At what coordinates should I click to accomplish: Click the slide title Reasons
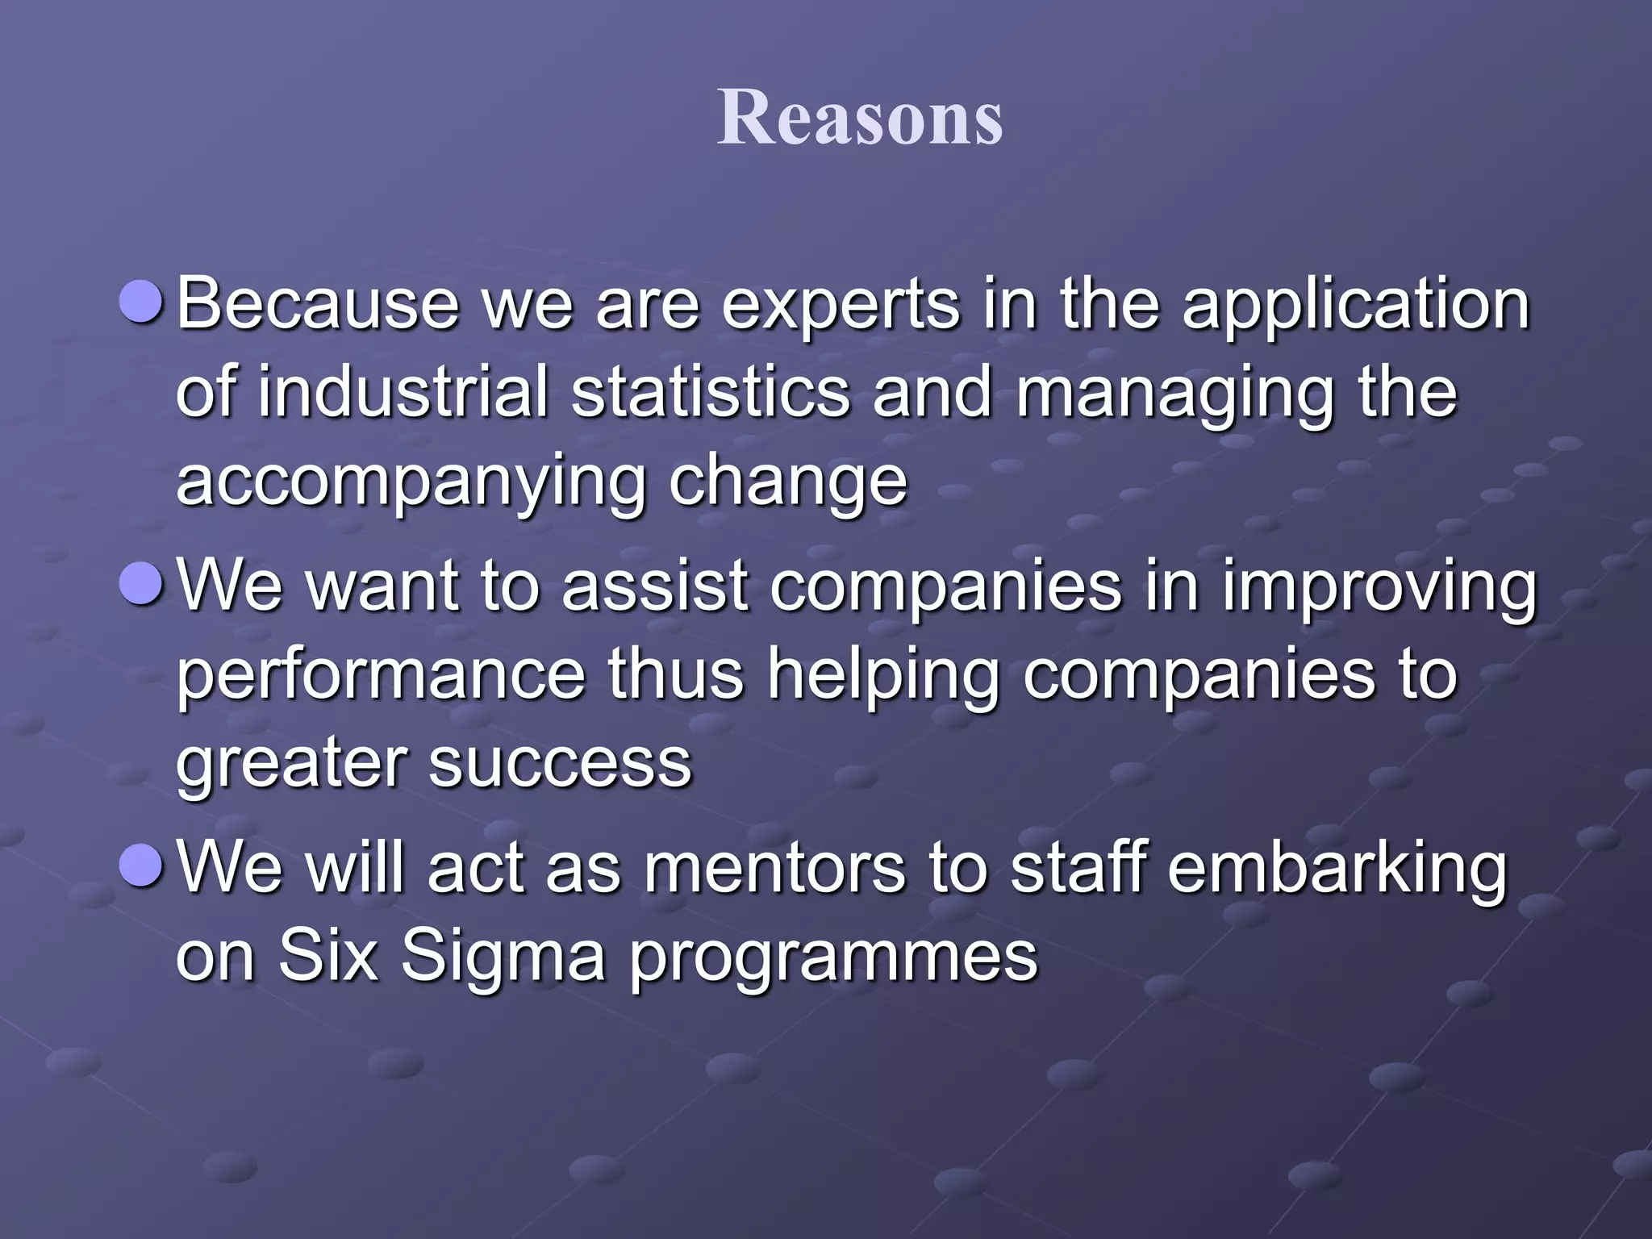point(860,119)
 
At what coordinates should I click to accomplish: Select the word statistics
point(711,393)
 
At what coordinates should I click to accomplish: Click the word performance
point(380,676)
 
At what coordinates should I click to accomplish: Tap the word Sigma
point(503,958)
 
